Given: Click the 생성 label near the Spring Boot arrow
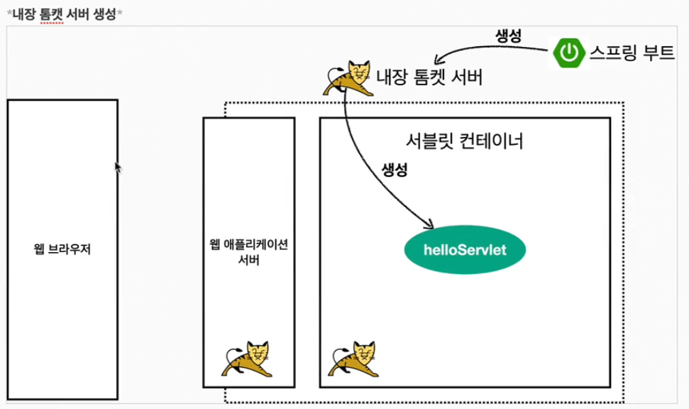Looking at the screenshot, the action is point(508,36).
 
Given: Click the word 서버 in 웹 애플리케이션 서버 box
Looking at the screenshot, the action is point(248,259).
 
